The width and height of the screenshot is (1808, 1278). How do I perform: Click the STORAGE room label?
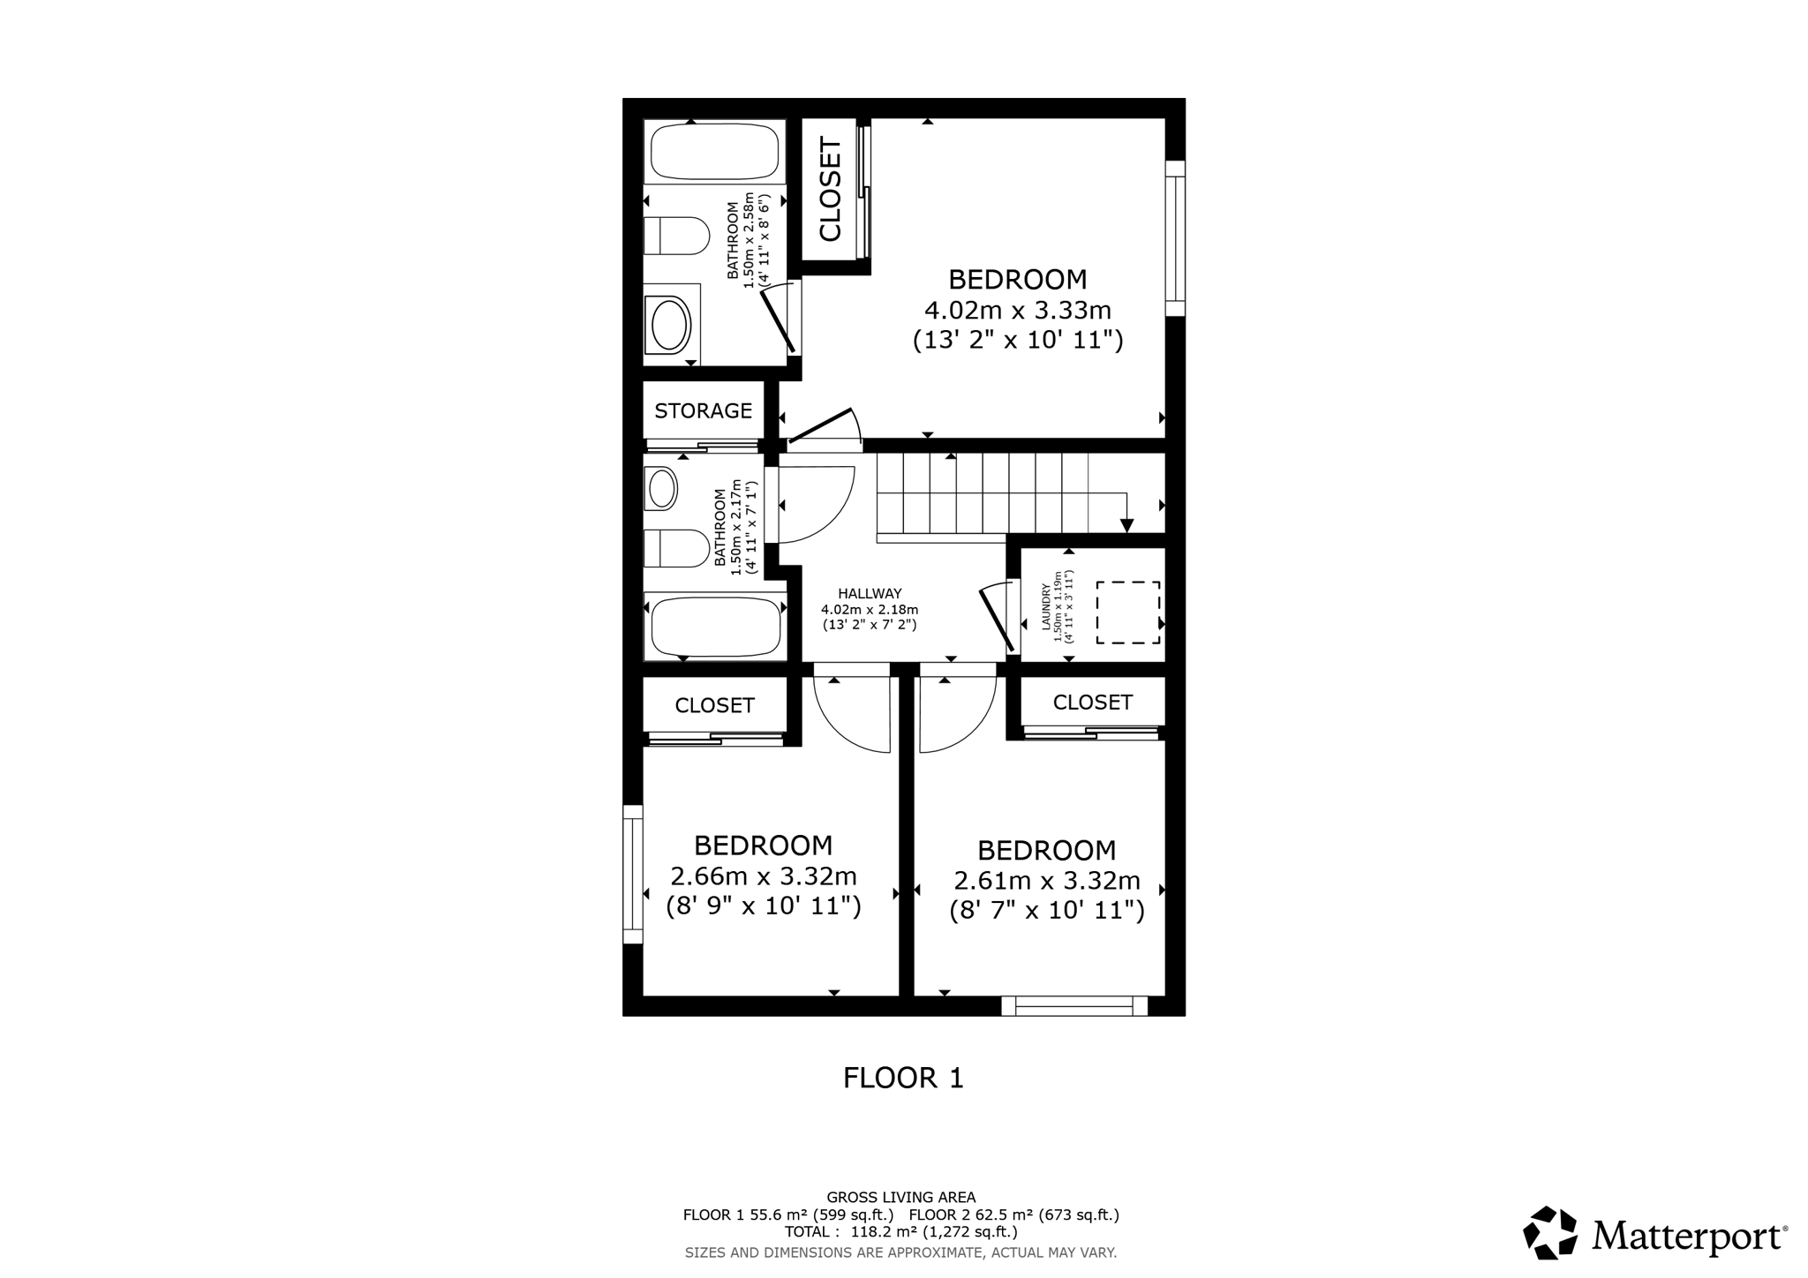(x=703, y=410)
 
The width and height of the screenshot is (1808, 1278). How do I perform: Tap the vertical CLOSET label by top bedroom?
(x=831, y=189)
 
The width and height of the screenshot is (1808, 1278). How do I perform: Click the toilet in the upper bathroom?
(x=676, y=236)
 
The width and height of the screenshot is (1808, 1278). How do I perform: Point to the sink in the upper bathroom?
(x=670, y=324)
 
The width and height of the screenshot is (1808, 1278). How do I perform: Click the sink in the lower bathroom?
(x=660, y=488)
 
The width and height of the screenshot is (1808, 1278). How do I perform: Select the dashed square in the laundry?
(x=1127, y=612)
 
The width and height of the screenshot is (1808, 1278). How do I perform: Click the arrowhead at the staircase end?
(x=1126, y=525)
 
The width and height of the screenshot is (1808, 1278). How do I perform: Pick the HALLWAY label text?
(x=870, y=594)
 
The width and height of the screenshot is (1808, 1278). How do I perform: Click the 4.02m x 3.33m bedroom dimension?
(x=1017, y=311)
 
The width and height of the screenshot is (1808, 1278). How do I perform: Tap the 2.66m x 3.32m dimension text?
(x=764, y=876)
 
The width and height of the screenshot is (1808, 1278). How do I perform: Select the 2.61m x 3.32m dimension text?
(x=1047, y=881)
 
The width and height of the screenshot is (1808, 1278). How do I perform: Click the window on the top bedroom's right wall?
(x=1174, y=238)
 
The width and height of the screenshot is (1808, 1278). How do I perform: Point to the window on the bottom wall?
(x=1074, y=1005)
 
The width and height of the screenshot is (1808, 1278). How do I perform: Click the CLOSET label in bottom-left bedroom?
(x=714, y=705)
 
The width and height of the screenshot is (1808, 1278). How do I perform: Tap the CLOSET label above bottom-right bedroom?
(x=1092, y=702)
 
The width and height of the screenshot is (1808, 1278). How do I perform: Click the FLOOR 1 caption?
(x=903, y=1078)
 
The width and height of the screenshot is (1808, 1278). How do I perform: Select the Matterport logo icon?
(x=1550, y=1232)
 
